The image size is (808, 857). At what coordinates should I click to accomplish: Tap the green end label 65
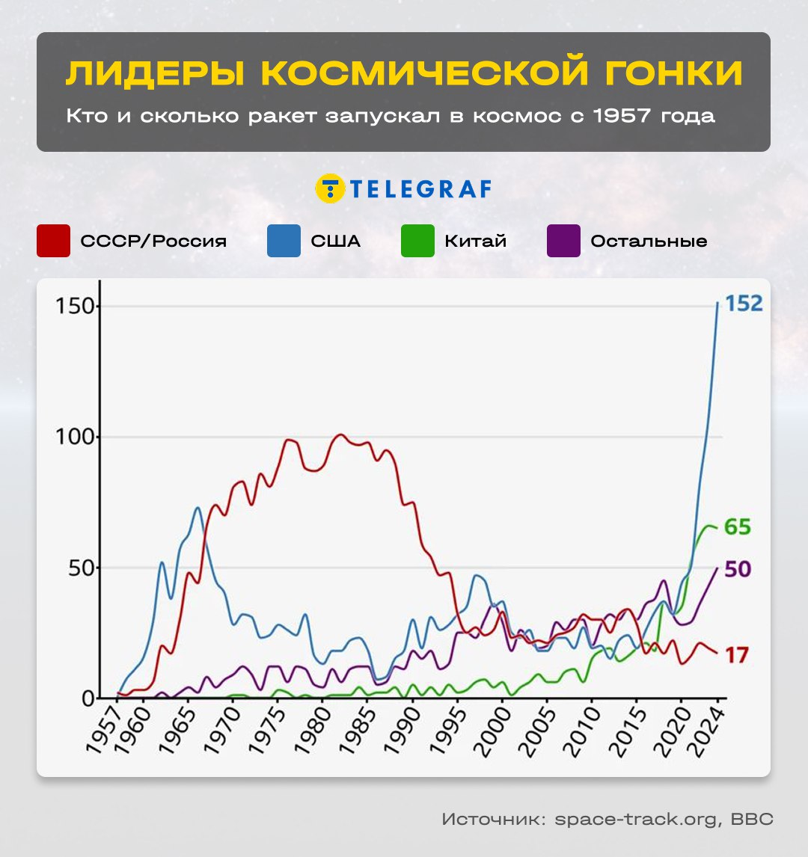pyautogui.click(x=737, y=527)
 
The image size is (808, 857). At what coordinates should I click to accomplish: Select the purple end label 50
pyautogui.click(x=737, y=570)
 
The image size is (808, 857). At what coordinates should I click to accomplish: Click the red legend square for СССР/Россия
pyautogui.click(x=53, y=241)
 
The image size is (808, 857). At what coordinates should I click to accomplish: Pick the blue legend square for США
pyautogui.click(x=284, y=241)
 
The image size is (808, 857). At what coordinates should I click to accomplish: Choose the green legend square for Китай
pyautogui.click(x=417, y=241)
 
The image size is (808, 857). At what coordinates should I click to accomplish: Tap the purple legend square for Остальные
pyautogui.click(x=563, y=241)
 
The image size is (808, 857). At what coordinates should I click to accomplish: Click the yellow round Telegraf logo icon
pyautogui.click(x=329, y=189)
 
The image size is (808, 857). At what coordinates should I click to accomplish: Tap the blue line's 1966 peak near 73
pyautogui.click(x=198, y=508)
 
